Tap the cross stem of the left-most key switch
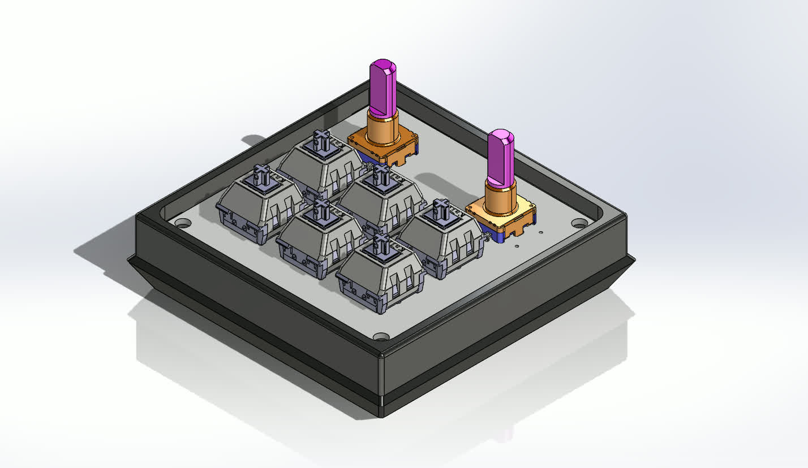pyautogui.click(x=261, y=175)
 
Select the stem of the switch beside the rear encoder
pyautogui.click(x=322, y=140)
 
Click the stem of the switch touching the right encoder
pyautogui.click(x=441, y=209)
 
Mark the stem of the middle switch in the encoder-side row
pyautogui.click(x=381, y=175)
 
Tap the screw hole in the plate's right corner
pyautogui.click(x=578, y=223)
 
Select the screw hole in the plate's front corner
pyautogui.click(x=381, y=337)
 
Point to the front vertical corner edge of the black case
pyautogui.click(x=381, y=379)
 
